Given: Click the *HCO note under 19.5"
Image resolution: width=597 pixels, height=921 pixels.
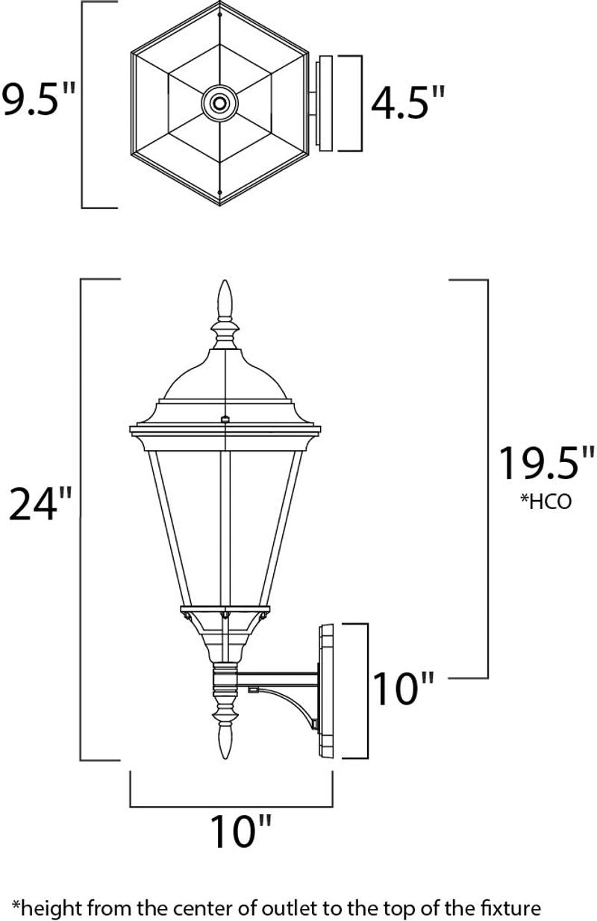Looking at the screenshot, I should coord(546,501).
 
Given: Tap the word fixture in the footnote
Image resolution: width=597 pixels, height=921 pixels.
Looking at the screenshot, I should coord(510,908).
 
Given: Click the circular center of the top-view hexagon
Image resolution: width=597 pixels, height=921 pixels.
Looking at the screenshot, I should coord(219,102).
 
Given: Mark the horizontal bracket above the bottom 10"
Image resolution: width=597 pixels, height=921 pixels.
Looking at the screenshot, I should coord(231,806).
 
